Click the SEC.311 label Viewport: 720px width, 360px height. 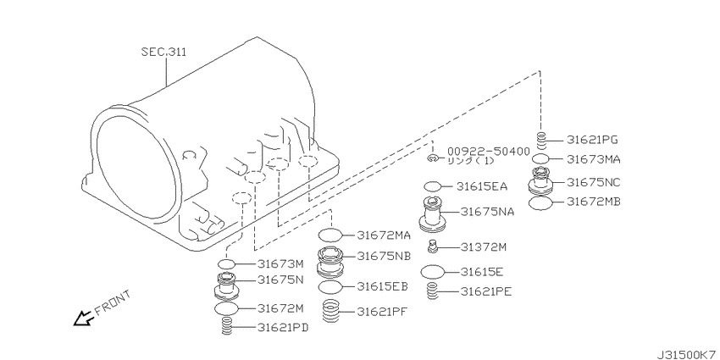(x=163, y=52)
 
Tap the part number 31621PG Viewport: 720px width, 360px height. (x=592, y=139)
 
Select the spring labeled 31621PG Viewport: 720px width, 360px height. (x=541, y=141)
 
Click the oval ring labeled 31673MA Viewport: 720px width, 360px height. (x=541, y=159)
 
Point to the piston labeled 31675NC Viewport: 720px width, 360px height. (x=541, y=180)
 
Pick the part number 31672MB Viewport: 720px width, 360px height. (x=593, y=202)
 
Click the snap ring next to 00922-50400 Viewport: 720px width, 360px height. (x=431, y=158)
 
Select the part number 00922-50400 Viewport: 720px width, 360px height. (x=489, y=151)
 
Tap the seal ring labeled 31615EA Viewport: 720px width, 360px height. (x=432, y=186)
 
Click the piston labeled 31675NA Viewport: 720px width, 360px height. (x=433, y=213)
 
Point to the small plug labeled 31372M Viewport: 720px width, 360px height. (x=432, y=246)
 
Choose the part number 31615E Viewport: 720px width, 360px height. (x=482, y=272)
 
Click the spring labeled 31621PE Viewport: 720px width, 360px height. (x=432, y=291)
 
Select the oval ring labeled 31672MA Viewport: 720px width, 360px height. (x=330, y=235)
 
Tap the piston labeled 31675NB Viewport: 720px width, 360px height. (x=330, y=263)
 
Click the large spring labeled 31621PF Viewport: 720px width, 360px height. (x=330, y=311)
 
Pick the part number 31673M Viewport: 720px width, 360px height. (x=280, y=263)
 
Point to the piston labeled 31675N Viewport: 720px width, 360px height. (x=226, y=286)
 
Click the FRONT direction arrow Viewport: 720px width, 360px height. (x=84, y=318)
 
